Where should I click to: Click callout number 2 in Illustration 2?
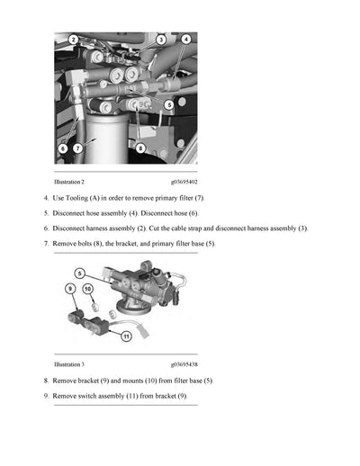click(74, 40)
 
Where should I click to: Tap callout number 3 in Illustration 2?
click(160, 40)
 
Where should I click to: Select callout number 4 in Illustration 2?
click(185, 40)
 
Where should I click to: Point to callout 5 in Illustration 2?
click(169, 105)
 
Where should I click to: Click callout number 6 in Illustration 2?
click(62, 147)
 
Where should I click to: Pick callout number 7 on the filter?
click(77, 147)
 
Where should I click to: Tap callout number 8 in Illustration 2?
click(140, 147)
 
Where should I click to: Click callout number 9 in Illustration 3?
click(70, 288)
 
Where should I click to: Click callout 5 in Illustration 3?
click(79, 272)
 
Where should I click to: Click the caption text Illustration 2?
click(69, 182)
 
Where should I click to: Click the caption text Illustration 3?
click(69, 364)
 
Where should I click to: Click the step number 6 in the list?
click(45, 229)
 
